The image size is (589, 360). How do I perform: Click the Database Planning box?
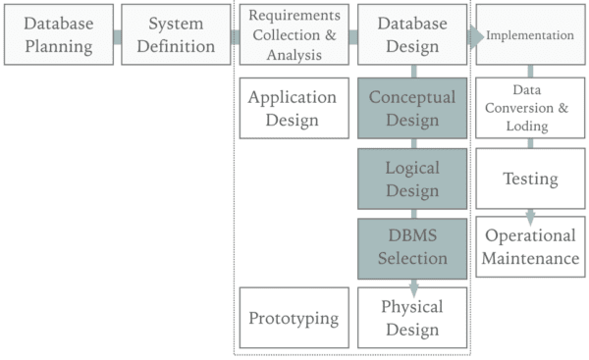pos(59,34)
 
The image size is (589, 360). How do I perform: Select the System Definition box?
pos(176,34)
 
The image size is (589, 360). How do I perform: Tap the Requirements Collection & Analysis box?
pos(294,34)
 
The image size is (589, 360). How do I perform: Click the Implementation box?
pos(530,35)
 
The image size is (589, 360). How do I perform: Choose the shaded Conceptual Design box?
pos(412,108)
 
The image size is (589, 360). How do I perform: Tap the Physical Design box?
pos(412,318)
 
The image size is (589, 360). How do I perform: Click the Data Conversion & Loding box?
pos(530,108)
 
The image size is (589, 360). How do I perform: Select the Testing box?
pos(530,179)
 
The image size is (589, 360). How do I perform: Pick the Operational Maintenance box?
pos(530,247)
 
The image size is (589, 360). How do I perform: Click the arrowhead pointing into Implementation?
pos(476,36)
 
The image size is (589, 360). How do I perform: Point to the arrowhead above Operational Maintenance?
pos(530,216)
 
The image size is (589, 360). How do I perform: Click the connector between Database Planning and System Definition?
pos(117,36)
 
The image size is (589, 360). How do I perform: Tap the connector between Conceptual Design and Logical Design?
pos(413,143)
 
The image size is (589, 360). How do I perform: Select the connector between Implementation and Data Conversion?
pos(530,72)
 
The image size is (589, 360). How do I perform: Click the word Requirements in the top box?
pos(294,16)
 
